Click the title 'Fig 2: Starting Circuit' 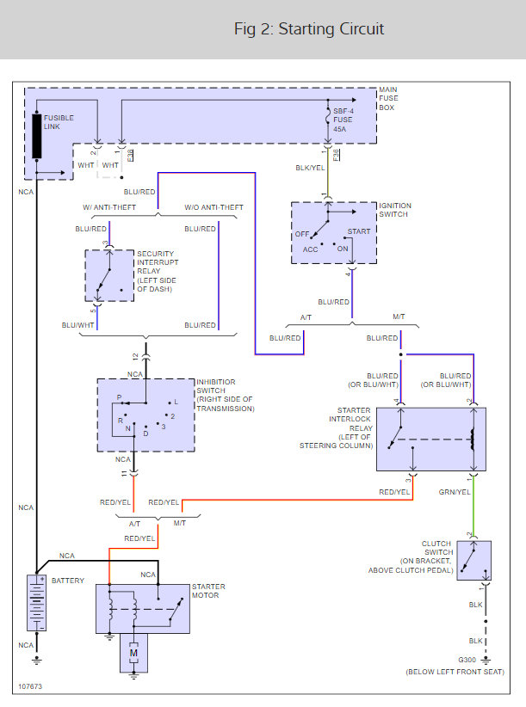(x=309, y=29)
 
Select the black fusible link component (x=37, y=135)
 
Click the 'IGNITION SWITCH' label (x=395, y=210)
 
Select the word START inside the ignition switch (x=358, y=232)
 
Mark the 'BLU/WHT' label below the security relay (x=78, y=325)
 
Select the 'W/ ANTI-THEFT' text (x=113, y=207)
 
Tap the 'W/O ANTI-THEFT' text (x=213, y=207)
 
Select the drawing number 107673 (x=29, y=687)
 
